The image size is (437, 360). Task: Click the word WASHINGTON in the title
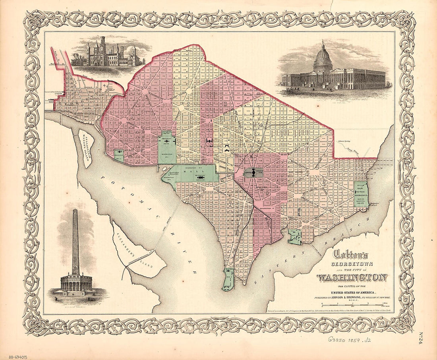352,277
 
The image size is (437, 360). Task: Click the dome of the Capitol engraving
323,60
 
